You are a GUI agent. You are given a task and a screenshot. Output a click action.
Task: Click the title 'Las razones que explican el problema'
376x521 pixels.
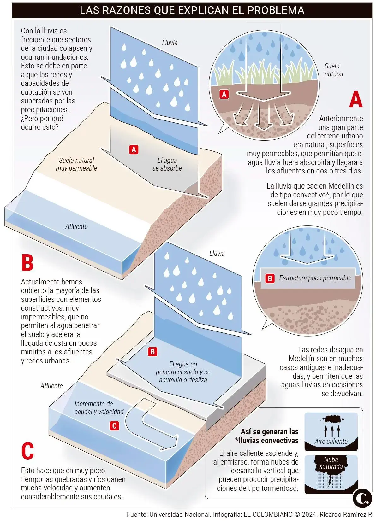pyautogui.click(x=192, y=10)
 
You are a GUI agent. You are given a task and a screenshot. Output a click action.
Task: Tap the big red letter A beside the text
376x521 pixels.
pyautogui.click(x=356, y=99)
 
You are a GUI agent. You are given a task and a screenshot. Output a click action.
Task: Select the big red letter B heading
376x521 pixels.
pyautogui.click(x=27, y=263)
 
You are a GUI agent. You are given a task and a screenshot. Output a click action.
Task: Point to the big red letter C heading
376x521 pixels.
pyautogui.click(x=27, y=451)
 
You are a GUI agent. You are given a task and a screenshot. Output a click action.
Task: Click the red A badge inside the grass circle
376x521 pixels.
pyautogui.click(x=224, y=94)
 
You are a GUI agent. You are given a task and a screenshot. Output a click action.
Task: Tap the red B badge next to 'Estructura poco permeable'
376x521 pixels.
pyautogui.click(x=270, y=278)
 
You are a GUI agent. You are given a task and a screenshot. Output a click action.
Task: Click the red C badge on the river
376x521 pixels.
pyautogui.click(x=114, y=426)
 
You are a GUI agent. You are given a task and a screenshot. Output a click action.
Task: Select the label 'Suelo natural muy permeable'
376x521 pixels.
pyautogui.click(x=76, y=164)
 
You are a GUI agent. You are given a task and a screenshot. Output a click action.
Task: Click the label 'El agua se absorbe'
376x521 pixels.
pyautogui.click(x=167, y=164)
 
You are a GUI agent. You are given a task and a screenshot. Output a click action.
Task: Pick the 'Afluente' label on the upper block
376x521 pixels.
pyautogui.click(x=76, y=226)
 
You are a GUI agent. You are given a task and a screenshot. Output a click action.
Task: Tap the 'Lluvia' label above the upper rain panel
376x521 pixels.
pyautogui.click(x=170, y=43)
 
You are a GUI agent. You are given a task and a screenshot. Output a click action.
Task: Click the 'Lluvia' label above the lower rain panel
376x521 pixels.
pyautogui.click(x=217, y=253)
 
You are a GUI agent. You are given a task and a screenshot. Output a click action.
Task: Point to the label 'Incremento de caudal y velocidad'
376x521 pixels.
pyautogui.click(x=99, y=408)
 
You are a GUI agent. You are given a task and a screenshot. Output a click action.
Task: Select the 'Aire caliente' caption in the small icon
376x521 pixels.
pyautogui.click(x=331, y=442)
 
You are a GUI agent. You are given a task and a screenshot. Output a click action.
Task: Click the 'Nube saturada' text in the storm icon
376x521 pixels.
pyautogui.click(x=331, y=463)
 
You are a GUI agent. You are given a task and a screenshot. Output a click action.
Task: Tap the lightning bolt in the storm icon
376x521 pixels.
pyautogui.click(x=330, y=481)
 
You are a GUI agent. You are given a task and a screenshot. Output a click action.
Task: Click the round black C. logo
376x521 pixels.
pyautogui.click(x=362, y=498)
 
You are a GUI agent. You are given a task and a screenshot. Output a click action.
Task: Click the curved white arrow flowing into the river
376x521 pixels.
pyautogui.click(x=148, y=426)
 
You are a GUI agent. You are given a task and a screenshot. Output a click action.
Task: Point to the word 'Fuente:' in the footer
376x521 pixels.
pyautogui.click(x=137, y=514)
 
